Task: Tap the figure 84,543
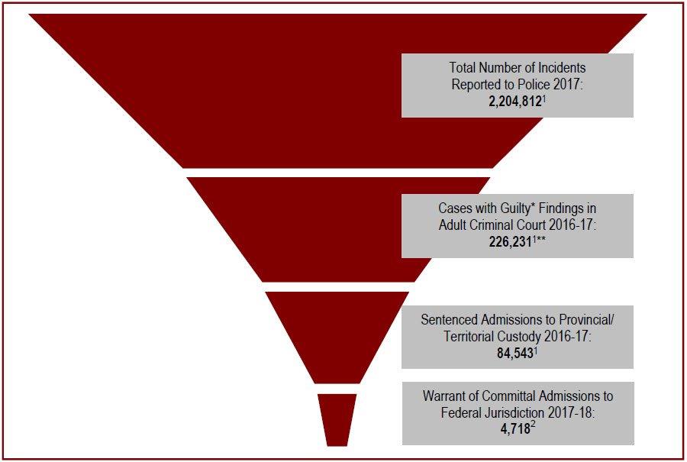click(x=514, y=354)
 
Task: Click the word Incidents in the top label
click(x=555, y=67)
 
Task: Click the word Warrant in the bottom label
click(x=447, y=396)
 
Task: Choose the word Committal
click(x=517, y=396)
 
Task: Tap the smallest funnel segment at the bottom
click(x=337, y=420)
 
